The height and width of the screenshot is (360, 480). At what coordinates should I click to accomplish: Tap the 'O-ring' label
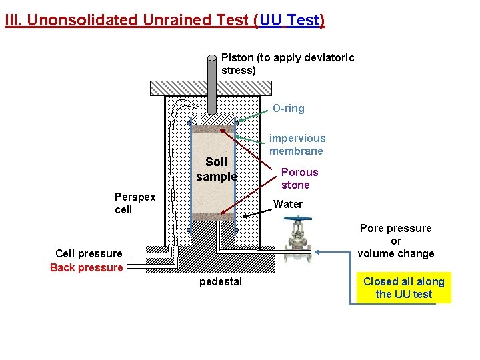coord(288,109)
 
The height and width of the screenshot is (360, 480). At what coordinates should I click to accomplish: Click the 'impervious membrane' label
coord(297,145)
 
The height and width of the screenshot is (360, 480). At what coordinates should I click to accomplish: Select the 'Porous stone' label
coord(299,178)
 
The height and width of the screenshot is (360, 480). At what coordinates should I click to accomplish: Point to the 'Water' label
coord(288,204)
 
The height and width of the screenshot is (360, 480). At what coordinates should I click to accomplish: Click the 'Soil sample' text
coord(217,169)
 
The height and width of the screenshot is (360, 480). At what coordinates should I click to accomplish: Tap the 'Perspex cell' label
coord(135,203)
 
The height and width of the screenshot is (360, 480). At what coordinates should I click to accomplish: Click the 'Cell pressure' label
coord(89,253)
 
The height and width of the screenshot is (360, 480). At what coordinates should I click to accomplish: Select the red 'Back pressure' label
coord(86,268)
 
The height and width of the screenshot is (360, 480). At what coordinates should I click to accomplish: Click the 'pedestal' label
coord(221,282)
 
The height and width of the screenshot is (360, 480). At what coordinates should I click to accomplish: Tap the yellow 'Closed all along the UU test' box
coord(403,288)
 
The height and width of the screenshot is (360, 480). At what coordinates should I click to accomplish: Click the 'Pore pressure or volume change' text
coord(396,241)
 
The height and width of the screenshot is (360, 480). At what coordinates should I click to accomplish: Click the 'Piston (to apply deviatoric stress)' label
coord(287,64)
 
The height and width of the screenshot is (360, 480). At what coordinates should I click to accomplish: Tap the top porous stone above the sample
coord(213,129)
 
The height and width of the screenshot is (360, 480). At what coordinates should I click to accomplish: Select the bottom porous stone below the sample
coord(213,217)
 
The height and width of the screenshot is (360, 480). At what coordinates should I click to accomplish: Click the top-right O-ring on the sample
coord(236,123)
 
